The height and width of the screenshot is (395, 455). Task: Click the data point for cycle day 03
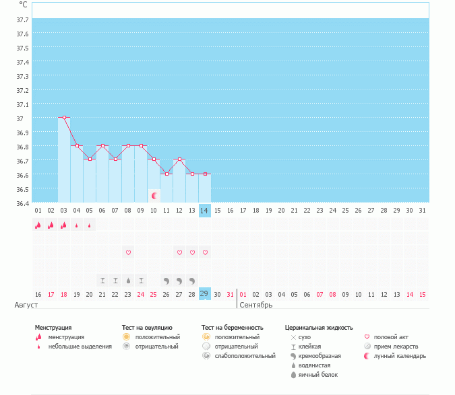click(64, 117)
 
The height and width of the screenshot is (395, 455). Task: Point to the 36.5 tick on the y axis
click(22, 189)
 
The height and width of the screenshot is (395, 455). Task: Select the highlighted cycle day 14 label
click(205, 211)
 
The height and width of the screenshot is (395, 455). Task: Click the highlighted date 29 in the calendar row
click(205, 294)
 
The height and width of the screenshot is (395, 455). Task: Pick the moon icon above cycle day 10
click(154, 196)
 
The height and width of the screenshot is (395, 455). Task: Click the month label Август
click(22, 305)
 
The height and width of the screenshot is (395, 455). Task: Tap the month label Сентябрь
click(256, 305)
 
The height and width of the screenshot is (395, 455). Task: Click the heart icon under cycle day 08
click(128, 252)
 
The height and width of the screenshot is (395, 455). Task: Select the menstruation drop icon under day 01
click(38, 225)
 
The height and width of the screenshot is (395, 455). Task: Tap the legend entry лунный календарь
click(400, 355)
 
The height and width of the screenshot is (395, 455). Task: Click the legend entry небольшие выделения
click(80, 346)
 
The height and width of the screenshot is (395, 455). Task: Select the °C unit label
click(23, 5)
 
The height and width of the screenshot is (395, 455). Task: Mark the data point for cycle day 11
click(166, 174)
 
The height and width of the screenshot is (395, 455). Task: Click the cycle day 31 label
click(422, 211)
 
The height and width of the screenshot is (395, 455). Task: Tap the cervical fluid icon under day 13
click(192, 280)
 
